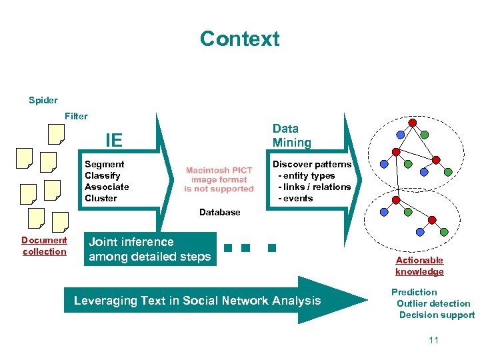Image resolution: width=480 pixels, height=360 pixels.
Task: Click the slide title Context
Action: [x=239, y=39]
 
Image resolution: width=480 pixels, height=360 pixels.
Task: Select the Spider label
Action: [x=43, y=101]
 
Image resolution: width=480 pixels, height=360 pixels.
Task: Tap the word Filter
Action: [x=76, y=116]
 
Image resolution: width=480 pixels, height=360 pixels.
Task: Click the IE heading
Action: [x=114, y=140]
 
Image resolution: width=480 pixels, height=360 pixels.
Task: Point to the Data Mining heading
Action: [x=291, y=135]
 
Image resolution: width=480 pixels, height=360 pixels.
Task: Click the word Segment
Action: [x=104, y=164]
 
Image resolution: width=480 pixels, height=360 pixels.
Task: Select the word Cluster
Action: [x=101, y=198]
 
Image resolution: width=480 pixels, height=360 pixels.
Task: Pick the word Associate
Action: [x=107, y=187]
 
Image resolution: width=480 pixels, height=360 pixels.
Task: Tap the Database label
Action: [x=219, y=212]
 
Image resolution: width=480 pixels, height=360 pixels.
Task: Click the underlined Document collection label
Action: [x=44, y=246]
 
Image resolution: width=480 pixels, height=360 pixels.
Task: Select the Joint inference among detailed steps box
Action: [x=150, y=249]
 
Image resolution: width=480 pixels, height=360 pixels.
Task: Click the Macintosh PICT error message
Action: [x=219, y=180]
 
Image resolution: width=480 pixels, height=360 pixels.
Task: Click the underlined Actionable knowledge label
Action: [x=419, y=266]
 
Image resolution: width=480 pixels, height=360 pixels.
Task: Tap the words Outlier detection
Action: [x=433, y=303]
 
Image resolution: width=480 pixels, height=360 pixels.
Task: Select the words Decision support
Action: [x=437, y=315]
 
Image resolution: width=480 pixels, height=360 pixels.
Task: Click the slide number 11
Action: [x=433, y=340]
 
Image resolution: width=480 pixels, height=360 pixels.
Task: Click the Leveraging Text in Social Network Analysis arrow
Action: [x=197, y=301]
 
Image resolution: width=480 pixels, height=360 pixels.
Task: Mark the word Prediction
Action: [x=414, y=292]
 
